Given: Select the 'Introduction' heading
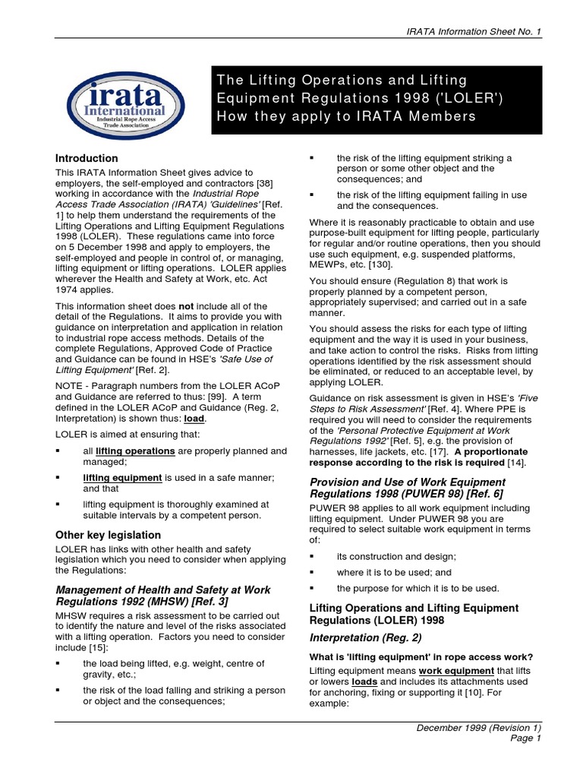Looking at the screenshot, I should point(87,158).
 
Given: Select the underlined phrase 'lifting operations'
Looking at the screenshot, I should point(135,451).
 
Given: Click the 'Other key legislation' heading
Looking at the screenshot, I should point(108,535).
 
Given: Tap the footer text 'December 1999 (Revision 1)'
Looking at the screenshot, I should point(478,727).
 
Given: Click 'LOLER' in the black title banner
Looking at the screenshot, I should point(456,98).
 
